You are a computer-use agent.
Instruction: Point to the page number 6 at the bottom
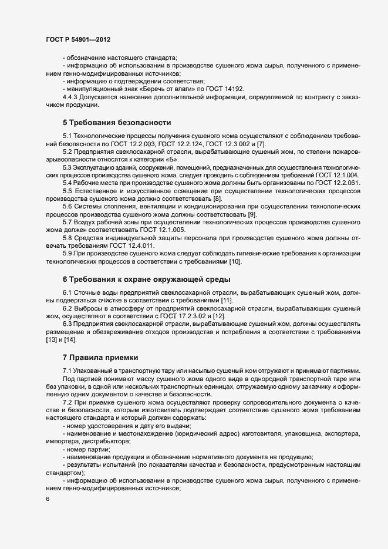point(48,516)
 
